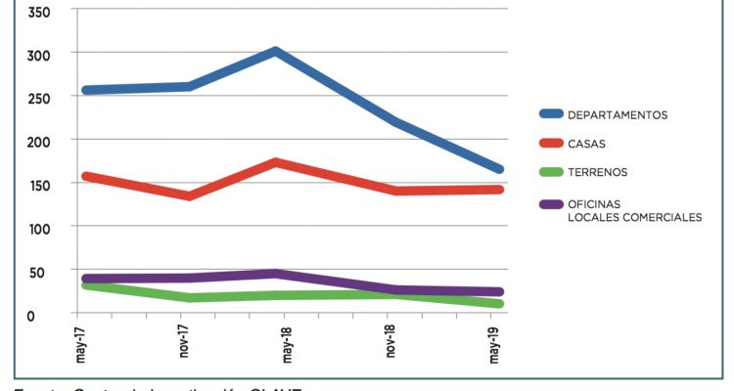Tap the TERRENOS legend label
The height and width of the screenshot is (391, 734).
click(x=598, y=172)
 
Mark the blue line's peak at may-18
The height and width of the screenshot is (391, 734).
click(x=277, y=51)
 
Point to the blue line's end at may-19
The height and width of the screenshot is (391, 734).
click(x=499, y=169)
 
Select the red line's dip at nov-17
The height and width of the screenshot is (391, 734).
click(x=187, y=195)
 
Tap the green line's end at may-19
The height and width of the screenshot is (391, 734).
click(x=499, y=304)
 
